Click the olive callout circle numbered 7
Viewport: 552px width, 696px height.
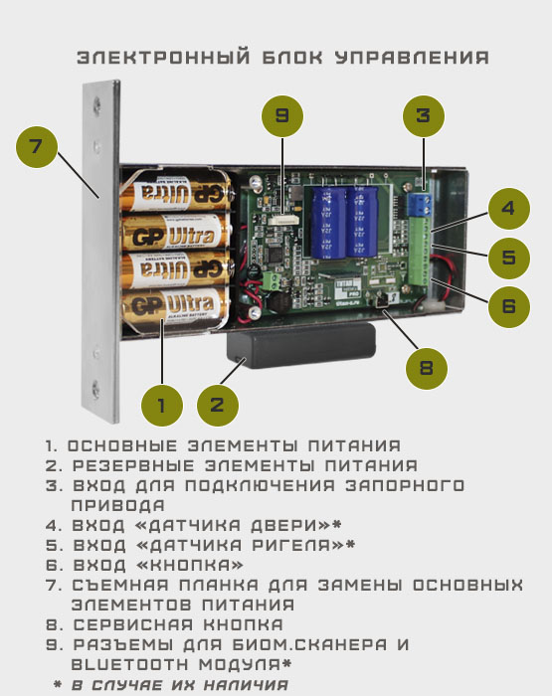tap(37, 147)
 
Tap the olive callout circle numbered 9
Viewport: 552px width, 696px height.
tap(282, 116)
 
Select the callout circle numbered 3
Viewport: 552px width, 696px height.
tap(424, 116)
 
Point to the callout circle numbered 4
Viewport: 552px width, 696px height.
tap(509, 209)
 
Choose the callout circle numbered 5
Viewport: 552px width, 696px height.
tap(509, 258)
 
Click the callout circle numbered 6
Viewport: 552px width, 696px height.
tap(509, 306)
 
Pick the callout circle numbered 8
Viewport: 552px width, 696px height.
tap(427, 368)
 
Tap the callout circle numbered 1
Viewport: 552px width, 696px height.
tap(162, 406)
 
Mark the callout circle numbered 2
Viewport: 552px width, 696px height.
tap(218, 406)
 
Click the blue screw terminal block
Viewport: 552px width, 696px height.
tap(421, 204)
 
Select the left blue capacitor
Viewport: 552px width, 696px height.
tap(328, 223)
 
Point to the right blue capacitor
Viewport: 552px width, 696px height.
tap(362, 222)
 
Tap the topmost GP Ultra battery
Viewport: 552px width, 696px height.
tap(176, 193)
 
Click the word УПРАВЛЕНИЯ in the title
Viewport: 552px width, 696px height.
tap(412, 58)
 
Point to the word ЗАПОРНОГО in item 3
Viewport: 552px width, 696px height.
tap(405, 485)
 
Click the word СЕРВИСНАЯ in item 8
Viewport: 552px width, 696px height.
tap(133, 624)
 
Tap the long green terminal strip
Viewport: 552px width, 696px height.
tap(419, 252)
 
